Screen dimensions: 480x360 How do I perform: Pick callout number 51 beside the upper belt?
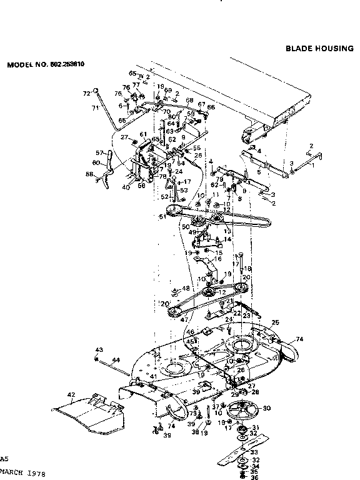pyautogui.click(x=161, y=217)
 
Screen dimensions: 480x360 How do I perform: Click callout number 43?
pyautogui.click(x=98, y=349)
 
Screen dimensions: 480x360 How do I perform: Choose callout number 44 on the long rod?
pyautogui.click(x=116, y=361)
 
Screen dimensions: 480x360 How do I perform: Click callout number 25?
pyautogui.click(x=274, y=322)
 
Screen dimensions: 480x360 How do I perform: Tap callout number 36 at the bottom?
pyautogui.click(x=254, y=477)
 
